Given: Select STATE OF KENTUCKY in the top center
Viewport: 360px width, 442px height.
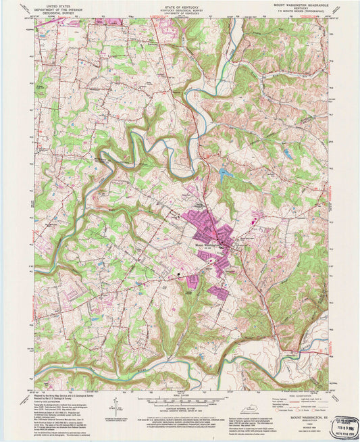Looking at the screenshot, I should (180, 5).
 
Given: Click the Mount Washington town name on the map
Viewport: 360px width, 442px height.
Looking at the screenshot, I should (209, 244).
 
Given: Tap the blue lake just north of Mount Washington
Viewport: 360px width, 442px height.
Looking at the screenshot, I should (224, 174).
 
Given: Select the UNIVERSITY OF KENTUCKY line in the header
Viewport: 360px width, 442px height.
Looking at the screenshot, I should (180, 11).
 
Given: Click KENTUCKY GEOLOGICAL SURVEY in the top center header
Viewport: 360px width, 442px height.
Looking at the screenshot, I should (180, 8).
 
